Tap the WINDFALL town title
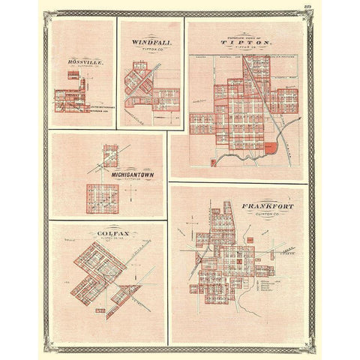pos(145,43)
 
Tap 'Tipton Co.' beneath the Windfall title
pos(145,50)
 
